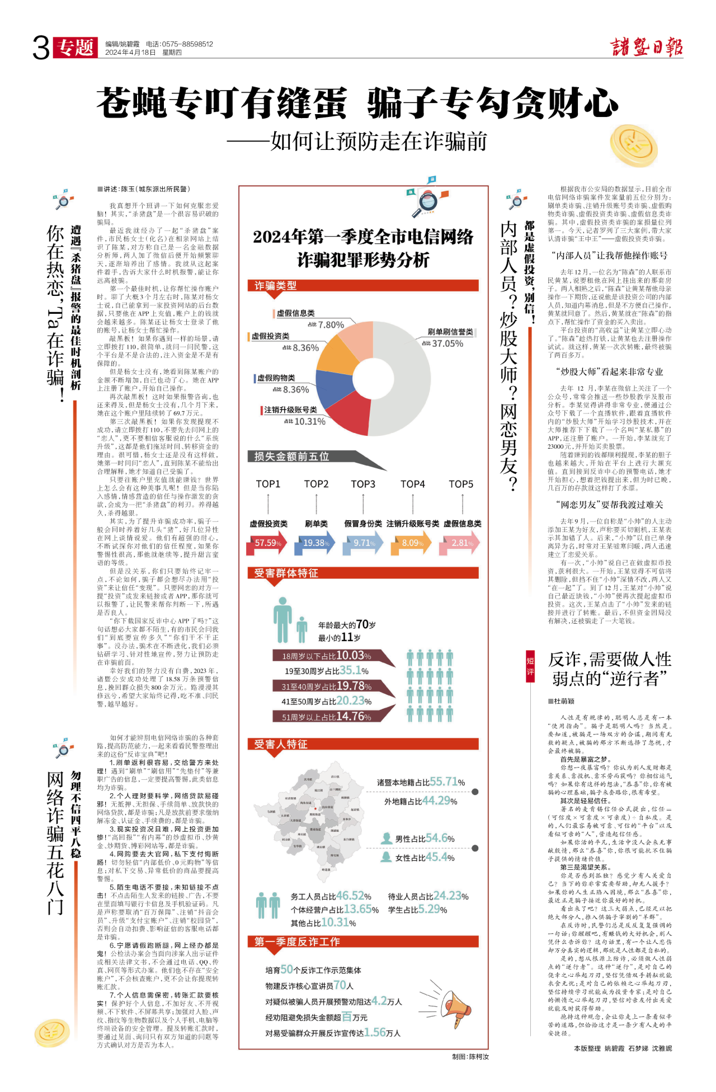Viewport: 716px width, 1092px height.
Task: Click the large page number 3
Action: point(41,48)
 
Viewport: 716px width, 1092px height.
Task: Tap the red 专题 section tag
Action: point(76,48)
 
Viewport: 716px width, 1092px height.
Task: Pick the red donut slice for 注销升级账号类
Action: point(349,415)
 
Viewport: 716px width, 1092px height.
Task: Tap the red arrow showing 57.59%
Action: point(267,543)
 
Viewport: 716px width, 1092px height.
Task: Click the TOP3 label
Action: point(363,484)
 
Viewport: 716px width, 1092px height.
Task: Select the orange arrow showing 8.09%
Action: point(413,543)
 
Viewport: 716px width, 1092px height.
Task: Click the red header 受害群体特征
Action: point(286,573)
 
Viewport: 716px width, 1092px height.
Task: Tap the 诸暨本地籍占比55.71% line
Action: point(421,782)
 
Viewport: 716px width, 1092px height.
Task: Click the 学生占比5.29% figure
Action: point(417,910)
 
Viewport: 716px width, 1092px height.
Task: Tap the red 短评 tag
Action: point(530,666)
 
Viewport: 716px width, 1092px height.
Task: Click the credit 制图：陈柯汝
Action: point(470,1057)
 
